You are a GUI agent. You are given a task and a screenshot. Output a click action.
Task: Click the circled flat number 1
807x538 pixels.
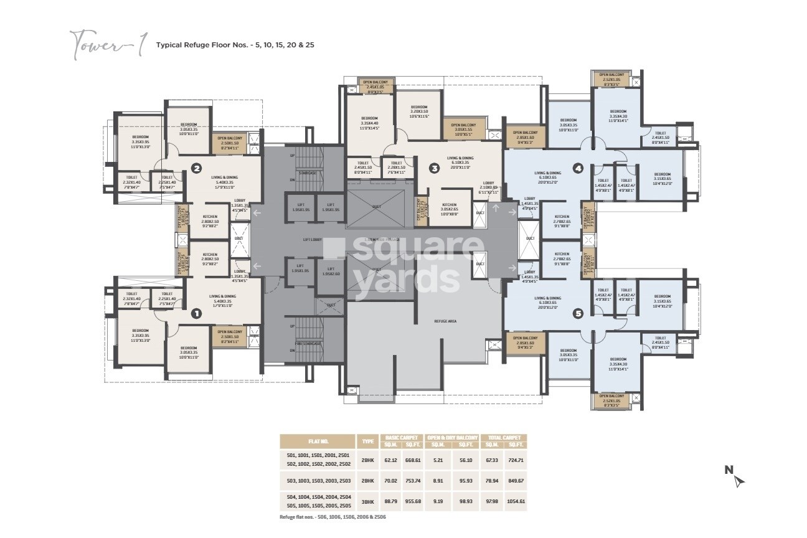coord(196,313)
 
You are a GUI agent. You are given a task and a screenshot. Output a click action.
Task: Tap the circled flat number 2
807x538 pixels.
coord(196,168)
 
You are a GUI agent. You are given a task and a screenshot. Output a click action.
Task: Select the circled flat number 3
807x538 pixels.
coord(435,168)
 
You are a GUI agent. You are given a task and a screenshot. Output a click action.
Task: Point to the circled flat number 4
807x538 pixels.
coord(578,168)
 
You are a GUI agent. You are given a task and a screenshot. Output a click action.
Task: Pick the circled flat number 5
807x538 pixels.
coord(578,313)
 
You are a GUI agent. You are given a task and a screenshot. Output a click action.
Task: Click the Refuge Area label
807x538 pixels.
coord(446,321)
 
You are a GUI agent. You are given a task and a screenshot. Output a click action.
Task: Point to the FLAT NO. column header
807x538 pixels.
coord(317,441)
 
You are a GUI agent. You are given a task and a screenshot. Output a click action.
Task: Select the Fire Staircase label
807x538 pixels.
coord(308,343)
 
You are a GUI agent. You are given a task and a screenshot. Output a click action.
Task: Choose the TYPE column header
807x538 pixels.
coord(367,441)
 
